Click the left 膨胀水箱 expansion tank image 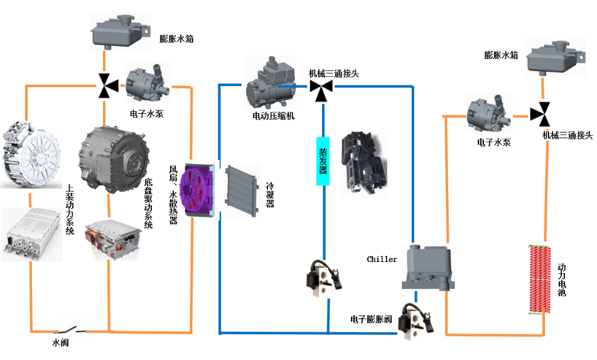118,31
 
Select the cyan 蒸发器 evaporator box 322,160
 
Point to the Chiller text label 382,259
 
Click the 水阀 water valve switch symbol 68,329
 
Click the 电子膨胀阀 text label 371,320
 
